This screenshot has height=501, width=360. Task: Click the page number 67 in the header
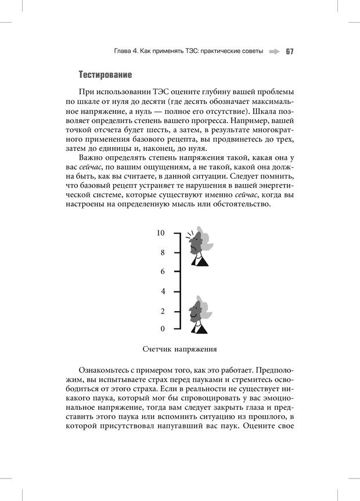click(x=289, y=51)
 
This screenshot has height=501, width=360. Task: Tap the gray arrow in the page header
click(x=274, y=51)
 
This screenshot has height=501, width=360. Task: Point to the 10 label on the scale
click(x=161, y=233)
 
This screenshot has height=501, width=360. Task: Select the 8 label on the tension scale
click(x=163, y=253)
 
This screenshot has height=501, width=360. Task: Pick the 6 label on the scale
click(x=163, y=272)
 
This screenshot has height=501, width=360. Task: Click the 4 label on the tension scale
click(x=163, y=291)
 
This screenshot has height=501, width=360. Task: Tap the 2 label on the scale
click(x=163, y=311)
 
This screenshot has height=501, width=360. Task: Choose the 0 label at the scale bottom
click(x=163, y=329)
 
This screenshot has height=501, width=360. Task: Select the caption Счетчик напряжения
click(x=179, y=349)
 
